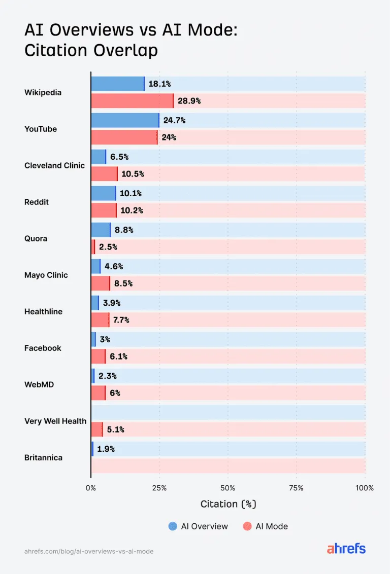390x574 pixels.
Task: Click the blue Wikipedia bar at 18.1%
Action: (x=118, y=84)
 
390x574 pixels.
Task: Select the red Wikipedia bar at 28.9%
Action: (x=133, y=101)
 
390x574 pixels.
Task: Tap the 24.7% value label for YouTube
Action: (x=175, y=121)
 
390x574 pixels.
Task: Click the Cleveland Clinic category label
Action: (x=55, y=165)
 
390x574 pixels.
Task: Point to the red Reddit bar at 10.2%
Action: (x=104, y=210)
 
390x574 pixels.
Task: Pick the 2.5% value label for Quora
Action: (x=108, y=247)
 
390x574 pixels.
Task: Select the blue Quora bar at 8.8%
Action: (x=101, y=230)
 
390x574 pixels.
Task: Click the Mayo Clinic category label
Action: (x=46, y=275)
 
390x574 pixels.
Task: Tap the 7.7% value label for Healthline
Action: (x=121, y=320)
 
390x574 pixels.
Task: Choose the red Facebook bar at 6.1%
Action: (x=98, y=356)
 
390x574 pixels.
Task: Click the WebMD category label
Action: (x=39, y=385)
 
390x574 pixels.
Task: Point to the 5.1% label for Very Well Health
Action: (x=115, y=429)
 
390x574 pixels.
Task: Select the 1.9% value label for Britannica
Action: (x=106, y=449)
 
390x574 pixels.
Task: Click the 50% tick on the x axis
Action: (x=227, y=488)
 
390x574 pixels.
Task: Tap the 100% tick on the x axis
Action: (x=365, y=488)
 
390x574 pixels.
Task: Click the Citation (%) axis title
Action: (x=229, y=504)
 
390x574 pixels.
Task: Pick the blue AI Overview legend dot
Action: (x=173, y=526)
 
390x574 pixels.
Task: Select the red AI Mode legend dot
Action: (x=247, y=526)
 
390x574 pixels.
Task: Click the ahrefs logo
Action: (x=346, y=548)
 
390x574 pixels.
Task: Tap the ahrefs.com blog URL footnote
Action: (x=89, y=551)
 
